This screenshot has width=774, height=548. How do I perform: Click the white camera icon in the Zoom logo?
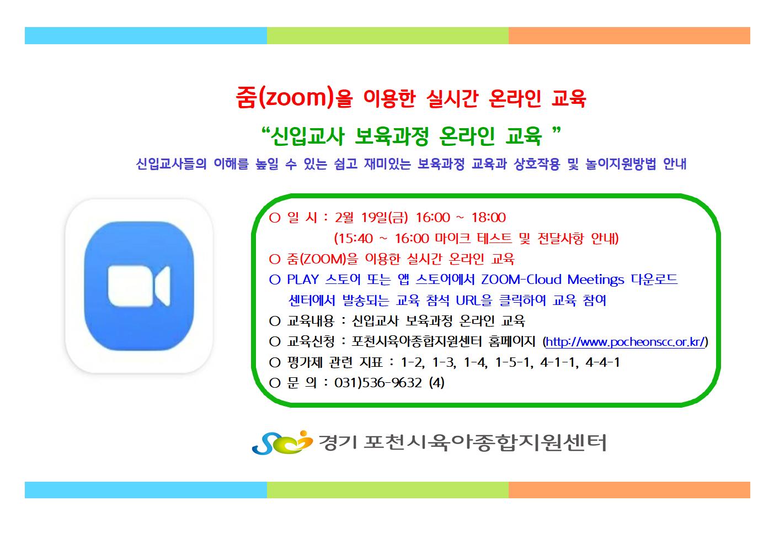(139, 286)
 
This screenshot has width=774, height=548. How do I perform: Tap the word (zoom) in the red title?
(296, 97)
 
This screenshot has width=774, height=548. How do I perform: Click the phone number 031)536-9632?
(378, 383)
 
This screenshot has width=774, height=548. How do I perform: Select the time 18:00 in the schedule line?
(489, 218)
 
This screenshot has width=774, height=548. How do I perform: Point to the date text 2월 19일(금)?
(371, 218)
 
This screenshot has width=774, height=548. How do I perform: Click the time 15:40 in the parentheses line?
(356, 238)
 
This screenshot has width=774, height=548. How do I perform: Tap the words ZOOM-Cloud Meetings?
(553, 280)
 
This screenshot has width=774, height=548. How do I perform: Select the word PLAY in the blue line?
(303, 280)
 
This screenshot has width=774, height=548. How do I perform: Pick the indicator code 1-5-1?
(514, 362)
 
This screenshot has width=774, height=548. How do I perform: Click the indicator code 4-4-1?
(602, 362)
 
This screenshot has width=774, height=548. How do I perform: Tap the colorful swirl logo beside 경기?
(282, 442)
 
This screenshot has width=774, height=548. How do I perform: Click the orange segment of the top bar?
(629, 36)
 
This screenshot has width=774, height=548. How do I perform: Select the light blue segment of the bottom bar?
(146, 490)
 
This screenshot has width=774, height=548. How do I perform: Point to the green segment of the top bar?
(388, 36)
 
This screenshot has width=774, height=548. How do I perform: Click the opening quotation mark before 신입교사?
(265, 131)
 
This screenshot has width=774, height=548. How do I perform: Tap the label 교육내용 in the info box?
(311, 321)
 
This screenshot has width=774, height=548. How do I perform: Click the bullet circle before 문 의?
(275, 383)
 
